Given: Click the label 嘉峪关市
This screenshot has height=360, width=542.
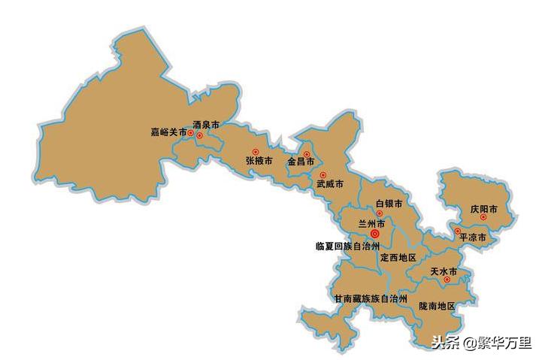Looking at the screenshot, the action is pos(168,132).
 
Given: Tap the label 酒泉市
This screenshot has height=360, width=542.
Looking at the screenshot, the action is pos(206,125).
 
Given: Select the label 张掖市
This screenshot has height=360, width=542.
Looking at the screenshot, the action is pos(259,161).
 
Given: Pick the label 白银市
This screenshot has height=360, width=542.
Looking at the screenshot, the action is pos(389,204).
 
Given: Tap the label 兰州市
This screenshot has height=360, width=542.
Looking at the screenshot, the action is pos(371,224).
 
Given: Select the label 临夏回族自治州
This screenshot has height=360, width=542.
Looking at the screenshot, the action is pos(345,246).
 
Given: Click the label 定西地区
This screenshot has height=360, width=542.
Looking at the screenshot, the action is pos(398,257).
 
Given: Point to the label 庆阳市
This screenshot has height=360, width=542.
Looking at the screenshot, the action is pos(484,208).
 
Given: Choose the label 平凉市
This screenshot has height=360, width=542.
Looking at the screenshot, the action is pos(473,237).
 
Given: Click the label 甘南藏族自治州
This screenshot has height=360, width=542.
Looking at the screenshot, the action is pos(371,298).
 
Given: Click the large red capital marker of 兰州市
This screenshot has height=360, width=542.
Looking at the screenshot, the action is pos(375,234).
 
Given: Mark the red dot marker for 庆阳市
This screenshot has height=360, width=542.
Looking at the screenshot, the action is pos(483,218).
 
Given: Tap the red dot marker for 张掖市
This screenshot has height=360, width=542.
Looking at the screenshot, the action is pos(255,151).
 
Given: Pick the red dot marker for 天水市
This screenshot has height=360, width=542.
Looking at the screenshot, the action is pos(447,280).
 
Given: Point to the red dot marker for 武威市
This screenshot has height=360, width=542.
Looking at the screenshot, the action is pos(323,175).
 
